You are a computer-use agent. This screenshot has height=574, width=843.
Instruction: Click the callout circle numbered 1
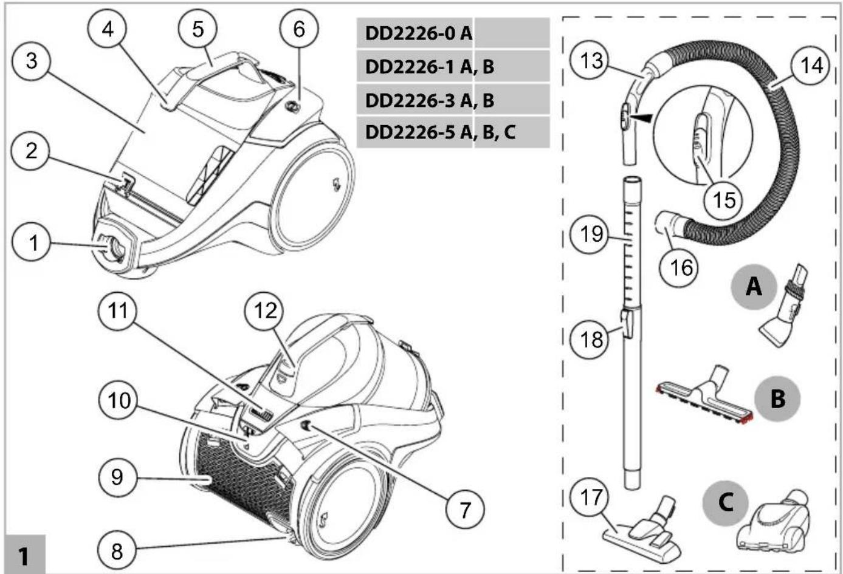click(32, 242)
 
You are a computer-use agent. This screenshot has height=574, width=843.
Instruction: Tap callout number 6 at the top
click(299, 29)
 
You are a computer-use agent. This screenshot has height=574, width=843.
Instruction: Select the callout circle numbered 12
click(264, 311)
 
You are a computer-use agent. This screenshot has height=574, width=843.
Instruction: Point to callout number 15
click(723, 200)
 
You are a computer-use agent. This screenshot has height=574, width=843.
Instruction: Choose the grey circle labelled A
click(754, 287)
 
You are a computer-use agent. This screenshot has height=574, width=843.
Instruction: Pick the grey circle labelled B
click(777, 398)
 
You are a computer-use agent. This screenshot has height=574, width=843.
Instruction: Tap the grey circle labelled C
click(725, 502)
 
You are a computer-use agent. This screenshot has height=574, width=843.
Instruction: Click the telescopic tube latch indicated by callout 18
click(627, 323)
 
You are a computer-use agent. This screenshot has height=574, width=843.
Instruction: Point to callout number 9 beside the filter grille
click(117, 477)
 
